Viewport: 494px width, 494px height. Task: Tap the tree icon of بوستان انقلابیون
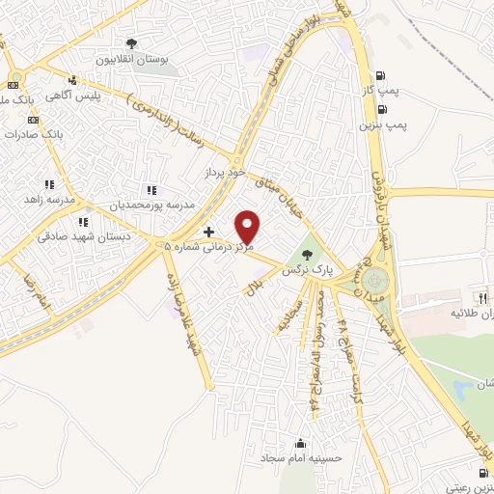point(132,43)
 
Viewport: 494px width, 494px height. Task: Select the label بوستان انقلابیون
point(136,59)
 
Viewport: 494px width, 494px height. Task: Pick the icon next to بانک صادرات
point(33,120)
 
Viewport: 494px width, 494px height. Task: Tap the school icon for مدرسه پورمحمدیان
point(150,190)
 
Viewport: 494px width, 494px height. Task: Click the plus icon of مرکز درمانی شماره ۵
point(209,233)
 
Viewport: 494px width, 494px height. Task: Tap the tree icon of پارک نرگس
point(307,256)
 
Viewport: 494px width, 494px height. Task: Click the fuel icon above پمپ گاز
point(383,77)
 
